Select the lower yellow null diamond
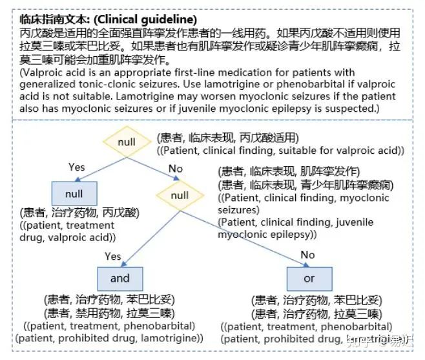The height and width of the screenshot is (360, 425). click(180, 195)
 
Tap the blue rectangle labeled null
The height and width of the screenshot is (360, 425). click(74, 193)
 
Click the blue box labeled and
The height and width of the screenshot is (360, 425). click(119, 279)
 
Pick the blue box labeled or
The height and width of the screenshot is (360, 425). click(309, 279)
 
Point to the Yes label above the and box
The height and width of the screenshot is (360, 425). click(112, 257)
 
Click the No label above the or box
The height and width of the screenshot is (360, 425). click(307, 255)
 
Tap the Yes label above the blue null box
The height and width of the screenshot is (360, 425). click(77, 167)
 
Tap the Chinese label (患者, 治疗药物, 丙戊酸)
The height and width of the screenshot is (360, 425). click(79, 213)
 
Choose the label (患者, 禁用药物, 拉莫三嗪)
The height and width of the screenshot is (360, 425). click(108, 313)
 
